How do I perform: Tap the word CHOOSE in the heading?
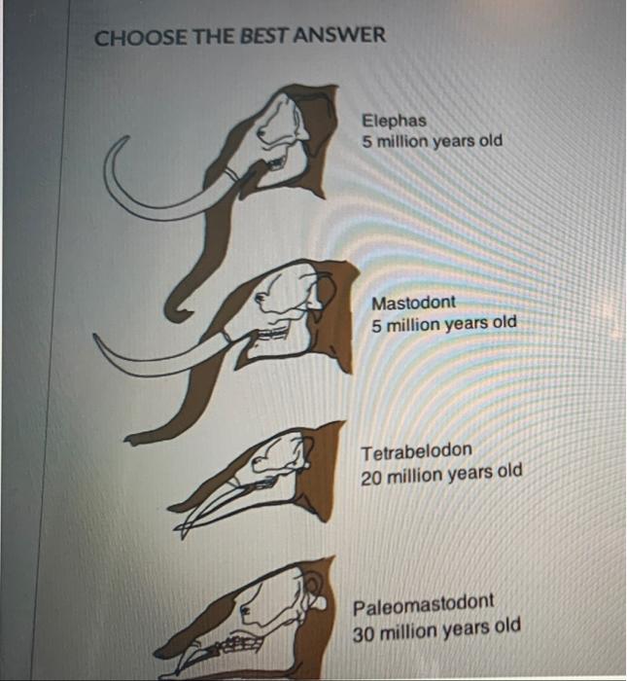click(x=130, y=37)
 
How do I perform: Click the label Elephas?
click(x=394, y=122)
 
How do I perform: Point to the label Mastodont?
click(x=413, y=303)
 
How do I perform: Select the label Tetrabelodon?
click(x=416, y=451)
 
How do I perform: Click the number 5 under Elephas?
click(x=368, y=142)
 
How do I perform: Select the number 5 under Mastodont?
click(x=376, y=324)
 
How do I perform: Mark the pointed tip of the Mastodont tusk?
click(x=97, y=338)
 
